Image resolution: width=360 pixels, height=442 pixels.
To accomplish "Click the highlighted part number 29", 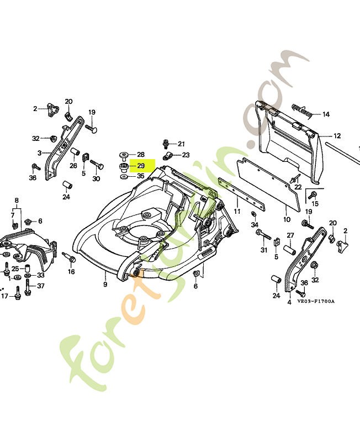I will [141, 166].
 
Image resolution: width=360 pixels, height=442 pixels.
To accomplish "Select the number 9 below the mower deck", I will [105, 285].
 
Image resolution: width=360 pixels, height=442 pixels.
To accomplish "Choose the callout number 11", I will [237, 212].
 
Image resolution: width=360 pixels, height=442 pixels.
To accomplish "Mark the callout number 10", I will [287, 219].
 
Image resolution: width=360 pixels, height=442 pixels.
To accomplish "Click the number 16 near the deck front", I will [71, 272].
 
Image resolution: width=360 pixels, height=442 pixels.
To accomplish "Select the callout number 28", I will [140, 154].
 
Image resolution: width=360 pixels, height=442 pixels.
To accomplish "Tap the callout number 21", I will [181, 144].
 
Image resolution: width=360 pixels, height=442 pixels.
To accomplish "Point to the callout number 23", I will [186, 155].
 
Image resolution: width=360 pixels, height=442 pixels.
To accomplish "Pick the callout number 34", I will [255, 224].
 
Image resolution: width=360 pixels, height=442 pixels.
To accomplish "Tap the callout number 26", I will [73, 165].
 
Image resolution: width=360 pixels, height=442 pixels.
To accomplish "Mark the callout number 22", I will [298, 187].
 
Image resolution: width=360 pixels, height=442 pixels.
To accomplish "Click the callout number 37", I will [41, 286].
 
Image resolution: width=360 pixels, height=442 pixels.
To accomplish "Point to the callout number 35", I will [140, 176].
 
